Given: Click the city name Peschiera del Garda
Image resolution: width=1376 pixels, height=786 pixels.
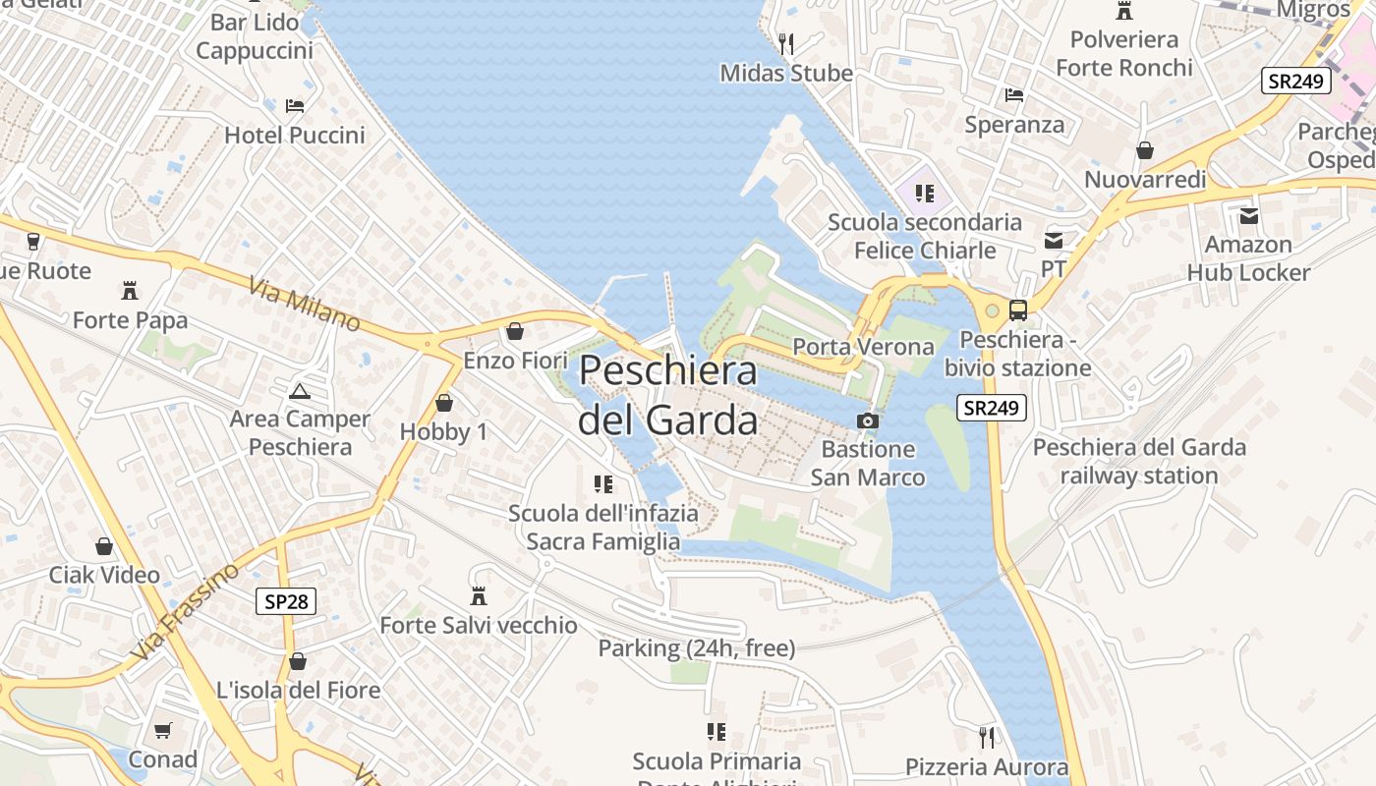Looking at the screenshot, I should [668, 396].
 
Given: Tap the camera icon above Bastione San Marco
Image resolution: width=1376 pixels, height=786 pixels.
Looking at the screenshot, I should [867, 421].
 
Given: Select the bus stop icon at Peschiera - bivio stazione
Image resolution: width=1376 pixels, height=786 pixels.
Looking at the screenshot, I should [1018, 310].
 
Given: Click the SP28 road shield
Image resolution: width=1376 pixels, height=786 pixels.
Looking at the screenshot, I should [286, 601].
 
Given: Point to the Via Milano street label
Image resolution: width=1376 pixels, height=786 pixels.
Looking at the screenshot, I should [304, 304].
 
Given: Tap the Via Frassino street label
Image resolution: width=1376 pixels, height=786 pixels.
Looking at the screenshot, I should [184, 611].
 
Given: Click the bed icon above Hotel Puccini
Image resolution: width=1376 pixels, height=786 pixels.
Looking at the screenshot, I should [294, 106].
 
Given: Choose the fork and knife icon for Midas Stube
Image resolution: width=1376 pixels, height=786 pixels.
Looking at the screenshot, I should [785, 43].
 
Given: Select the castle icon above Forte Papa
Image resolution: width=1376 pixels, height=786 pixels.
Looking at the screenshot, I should [129, 291].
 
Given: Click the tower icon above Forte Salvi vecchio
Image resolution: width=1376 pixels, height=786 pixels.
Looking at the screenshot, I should [479, 596].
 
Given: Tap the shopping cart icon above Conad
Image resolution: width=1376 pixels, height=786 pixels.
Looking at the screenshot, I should [163, 730].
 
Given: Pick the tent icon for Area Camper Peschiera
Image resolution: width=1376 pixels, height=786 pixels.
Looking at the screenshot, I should [299, 391].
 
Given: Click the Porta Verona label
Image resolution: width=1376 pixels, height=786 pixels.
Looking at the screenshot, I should [863, 347].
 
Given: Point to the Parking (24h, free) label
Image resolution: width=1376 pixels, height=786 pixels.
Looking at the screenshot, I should [697, 648].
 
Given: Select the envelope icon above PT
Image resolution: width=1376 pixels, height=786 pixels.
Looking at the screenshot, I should [1054, 240].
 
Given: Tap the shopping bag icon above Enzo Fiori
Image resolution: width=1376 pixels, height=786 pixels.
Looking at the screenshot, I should [514, 332].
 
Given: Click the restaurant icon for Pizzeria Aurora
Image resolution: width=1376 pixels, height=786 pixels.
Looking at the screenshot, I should [986, 737].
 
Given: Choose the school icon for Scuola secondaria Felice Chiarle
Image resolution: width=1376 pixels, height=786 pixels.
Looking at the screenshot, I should [924, 193].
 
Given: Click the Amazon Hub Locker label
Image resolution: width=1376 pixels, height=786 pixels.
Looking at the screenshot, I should [1248, 258].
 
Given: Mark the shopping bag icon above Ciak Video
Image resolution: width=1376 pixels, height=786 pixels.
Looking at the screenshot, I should [104, 546].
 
